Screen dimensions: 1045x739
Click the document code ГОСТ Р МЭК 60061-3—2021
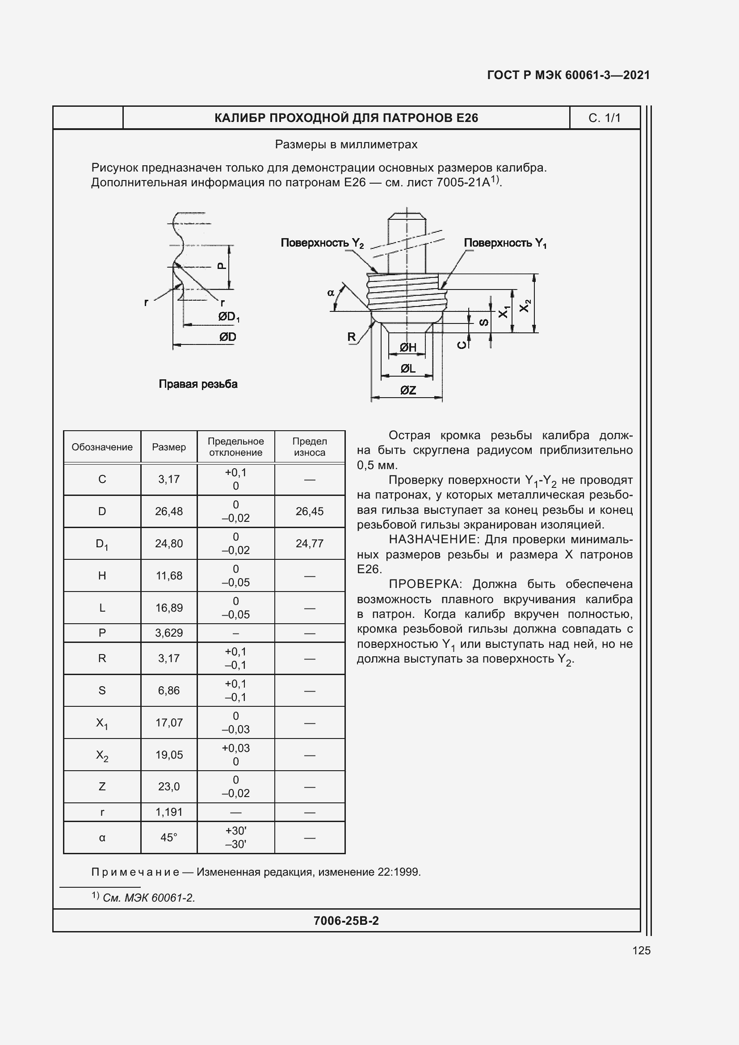pos(568,75)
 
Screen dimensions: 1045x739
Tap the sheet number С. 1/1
pos(605,118)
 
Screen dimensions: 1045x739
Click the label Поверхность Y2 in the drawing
pos(322,243)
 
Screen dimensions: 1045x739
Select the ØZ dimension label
pos(408,390)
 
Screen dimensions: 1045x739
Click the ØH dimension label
pos(408,348)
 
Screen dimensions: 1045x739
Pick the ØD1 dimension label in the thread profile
pos(228,317)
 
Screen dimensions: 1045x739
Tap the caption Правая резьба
pos(198,384)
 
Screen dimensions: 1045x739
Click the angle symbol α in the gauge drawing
pos(331,293)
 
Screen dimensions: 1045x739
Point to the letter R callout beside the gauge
pos(351,337)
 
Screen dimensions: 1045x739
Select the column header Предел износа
pos(310,446)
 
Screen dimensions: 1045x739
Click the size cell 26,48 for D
pos(169,511)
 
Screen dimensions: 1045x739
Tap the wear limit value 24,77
pos(310,543)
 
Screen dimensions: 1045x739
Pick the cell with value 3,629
pos(169,633)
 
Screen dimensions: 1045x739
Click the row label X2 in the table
pos(102,755)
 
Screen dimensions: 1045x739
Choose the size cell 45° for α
pos(169,837)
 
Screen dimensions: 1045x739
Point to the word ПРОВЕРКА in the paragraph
pos(424,584)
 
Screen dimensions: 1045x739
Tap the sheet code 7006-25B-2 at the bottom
pos(346,921)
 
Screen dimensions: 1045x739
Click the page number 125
pos(641,950)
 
